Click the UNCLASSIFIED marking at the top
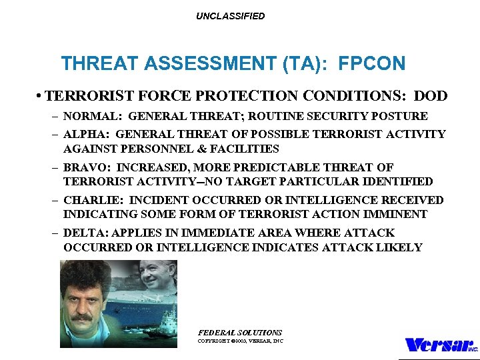[x=230, y=16]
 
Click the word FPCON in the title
[x=371, y=64]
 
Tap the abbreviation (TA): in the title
[x=308, y=64]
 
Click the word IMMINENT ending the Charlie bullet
[x=401, y=215]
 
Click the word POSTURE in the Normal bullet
[x=403, y=116]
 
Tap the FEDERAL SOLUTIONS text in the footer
[x=240, y=332]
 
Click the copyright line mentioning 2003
[x=240, y=341]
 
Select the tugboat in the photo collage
[x=167, y=328]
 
